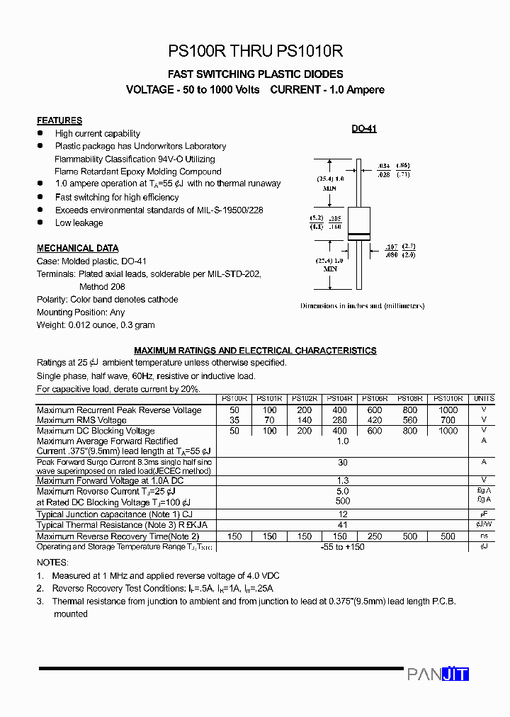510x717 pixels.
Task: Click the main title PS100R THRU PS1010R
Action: (255, 51)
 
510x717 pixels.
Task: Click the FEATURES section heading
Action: (59, 120)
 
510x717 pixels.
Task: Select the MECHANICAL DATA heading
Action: (78, 248)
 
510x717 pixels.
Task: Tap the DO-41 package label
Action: (364, 129)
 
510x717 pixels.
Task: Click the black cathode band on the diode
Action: (358, 235)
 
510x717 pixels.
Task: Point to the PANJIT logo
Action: (438, 674)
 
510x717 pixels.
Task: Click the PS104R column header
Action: (340, 399)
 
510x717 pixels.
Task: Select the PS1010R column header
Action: (448, 399)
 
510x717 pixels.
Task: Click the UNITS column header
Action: (484, 399)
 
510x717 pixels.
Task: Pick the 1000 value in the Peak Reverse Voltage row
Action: (448, 410)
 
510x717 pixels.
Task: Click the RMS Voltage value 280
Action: (340, 420)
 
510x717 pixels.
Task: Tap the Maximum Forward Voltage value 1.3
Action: (343, 480)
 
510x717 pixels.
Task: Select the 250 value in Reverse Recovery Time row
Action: (375, 536)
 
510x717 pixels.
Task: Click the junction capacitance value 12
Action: (343, 514)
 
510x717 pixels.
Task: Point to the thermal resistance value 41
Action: (343, 525)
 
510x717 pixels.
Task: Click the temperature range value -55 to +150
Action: (343, 547)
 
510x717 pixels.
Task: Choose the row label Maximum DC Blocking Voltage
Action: (96, 431)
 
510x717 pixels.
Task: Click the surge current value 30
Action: (343, 462)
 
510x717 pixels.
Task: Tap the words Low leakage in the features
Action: (79, 222)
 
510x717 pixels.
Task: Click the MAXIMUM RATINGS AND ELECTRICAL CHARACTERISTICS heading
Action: (255, 351)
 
